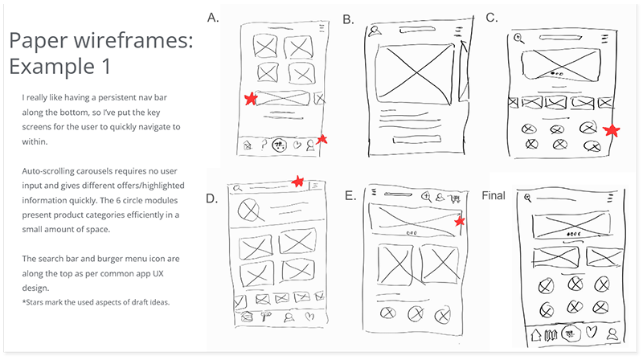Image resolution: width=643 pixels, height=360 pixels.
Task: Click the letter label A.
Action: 213,16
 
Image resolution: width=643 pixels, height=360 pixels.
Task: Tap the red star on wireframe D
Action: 298,181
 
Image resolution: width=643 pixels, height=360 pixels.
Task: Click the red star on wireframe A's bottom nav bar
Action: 321,140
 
